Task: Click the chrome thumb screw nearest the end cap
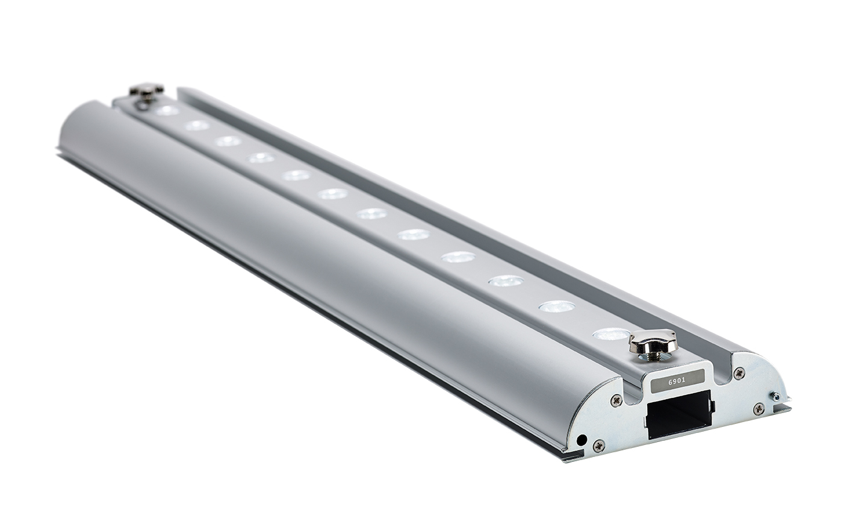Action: coord(653,342)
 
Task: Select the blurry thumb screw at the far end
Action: coord(146,91)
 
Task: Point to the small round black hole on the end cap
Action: coord(581,440)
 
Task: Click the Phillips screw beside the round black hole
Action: coord(598,446)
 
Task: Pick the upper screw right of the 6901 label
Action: coord(739,373)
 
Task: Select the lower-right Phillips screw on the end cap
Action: coord(758,409)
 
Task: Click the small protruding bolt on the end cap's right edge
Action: coord(776,396)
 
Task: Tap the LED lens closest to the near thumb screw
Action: coord(610,334)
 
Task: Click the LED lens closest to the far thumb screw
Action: coord(167,111)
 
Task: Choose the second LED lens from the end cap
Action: coord(556,306)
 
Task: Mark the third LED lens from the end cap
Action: coord(506,281)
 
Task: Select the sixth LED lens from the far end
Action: coord(333,194)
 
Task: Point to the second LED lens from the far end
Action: coord(197,125)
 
